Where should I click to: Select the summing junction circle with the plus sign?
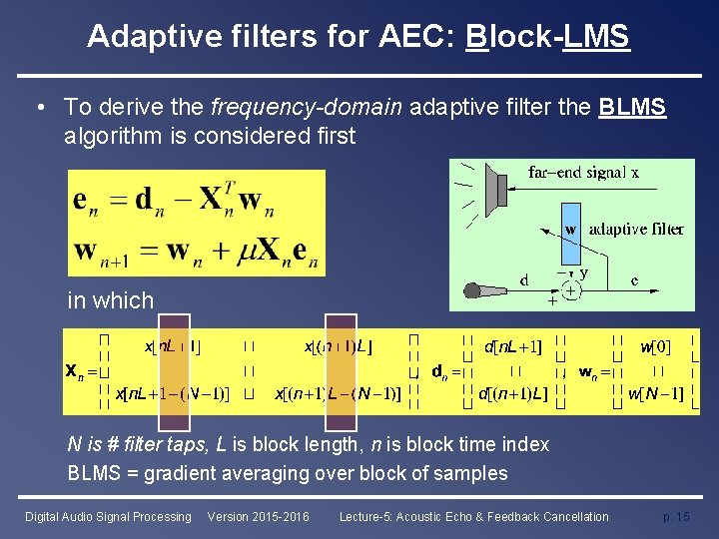pyautogui.click(x=570, y=291)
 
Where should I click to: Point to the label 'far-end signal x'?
pyautogui.click(x=584, y=172)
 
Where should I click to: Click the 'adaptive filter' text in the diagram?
pyautogui.click(x=636, y=230)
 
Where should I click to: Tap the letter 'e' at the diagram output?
pyautogui.click(x=635, y=280)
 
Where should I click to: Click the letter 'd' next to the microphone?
pyautogui.click(x=524, y=281)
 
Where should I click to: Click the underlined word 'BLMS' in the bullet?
pyautogui.click(x=631, y=107)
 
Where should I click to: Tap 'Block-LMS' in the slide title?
pyautogui.click(x=547, y=37)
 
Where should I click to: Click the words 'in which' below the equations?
pyautogui.click(x=110, y=300)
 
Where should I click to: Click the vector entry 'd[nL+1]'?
pyautogui.click(x=512, y=346)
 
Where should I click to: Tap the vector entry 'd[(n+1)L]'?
pyautogui.click(x=513, y=394)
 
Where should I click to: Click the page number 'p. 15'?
pyautogui.click(x=676, y=516)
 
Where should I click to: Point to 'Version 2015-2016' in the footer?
pyautogui.click(x=258, y=516)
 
